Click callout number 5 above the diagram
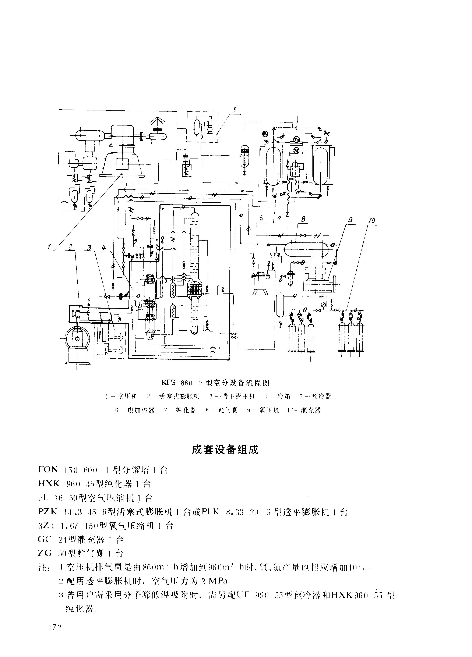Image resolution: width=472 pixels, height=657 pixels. coord(234,110)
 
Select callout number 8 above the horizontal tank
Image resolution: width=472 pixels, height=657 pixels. coord(303,219)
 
